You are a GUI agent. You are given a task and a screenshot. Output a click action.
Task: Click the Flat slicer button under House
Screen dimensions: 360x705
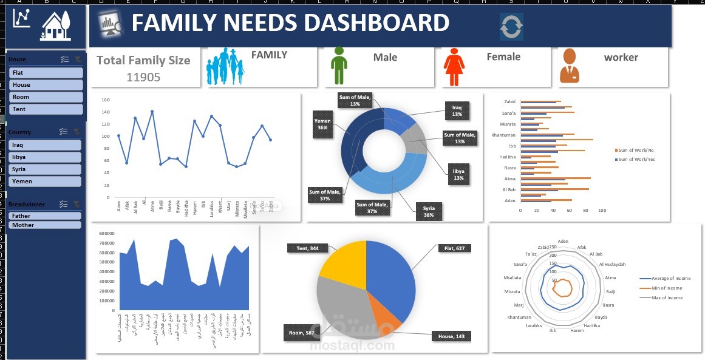46,73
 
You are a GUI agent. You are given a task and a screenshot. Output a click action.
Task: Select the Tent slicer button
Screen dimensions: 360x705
46,109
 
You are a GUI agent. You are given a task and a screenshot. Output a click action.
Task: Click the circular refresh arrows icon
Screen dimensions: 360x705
511,27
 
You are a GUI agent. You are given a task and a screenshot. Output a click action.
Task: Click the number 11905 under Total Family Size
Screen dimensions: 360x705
143,77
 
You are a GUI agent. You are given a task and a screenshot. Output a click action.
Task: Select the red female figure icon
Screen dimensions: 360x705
454,66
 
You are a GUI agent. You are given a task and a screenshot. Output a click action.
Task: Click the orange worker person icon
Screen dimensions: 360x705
569,66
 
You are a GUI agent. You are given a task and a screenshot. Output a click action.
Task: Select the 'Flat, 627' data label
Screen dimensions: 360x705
454,248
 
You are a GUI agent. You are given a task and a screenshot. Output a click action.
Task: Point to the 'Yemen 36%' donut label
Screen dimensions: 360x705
322,124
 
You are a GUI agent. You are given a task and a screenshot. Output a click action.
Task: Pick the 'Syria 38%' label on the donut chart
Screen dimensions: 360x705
428,212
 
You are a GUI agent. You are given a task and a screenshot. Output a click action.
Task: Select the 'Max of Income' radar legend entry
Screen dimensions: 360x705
666,297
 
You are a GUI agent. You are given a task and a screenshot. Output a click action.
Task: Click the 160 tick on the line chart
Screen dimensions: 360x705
105,100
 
